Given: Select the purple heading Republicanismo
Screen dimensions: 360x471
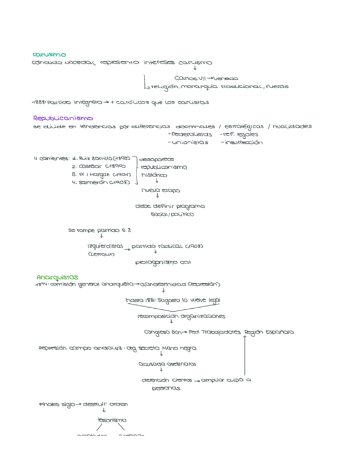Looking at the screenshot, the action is [63, 118].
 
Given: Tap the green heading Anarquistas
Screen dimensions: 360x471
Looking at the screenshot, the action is [57, 277].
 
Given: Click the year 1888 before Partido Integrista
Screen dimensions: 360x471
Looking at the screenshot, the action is [39, 102].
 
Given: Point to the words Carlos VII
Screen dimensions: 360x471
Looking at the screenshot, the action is [189, 78].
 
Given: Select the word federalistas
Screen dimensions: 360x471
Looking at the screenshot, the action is [192, 134].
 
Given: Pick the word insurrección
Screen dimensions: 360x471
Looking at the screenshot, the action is [242, 143].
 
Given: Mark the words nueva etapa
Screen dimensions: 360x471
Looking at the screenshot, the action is [161, 190].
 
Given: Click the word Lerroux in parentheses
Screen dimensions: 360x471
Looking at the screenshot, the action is [101, 254].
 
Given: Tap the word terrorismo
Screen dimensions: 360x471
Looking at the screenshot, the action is [112, 420].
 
